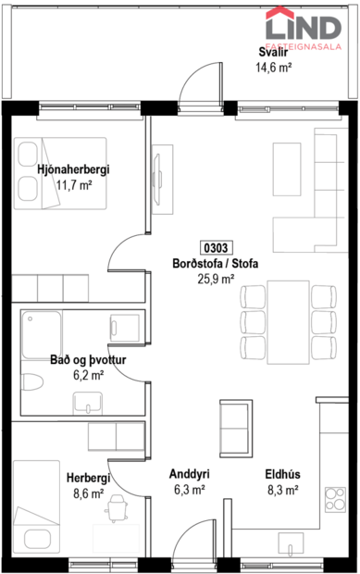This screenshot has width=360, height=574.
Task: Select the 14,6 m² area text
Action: (273, 67)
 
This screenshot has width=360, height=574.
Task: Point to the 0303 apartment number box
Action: (217, 247)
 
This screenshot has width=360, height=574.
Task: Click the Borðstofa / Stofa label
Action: (216, 263)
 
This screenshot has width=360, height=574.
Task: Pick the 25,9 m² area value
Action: (216, 278)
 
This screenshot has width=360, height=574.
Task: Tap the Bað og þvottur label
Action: (88, 359)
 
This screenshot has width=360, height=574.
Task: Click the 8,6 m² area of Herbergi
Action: (88, 493)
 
